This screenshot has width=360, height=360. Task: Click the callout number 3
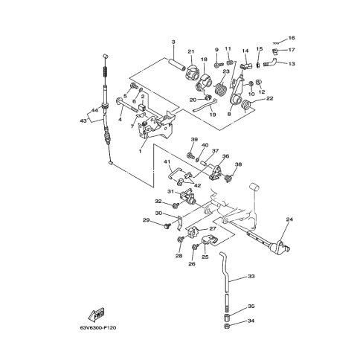[x=173, y=42]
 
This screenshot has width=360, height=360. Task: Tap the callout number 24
[x=289, y=219]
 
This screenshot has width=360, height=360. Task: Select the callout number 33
[x=251, y=276]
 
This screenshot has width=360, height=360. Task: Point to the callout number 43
[x=83, y=120]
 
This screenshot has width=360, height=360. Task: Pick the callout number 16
[x=292, y=38]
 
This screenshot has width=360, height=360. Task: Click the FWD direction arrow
[x=96, y=314]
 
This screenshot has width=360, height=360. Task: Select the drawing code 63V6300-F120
[x=98, y=328]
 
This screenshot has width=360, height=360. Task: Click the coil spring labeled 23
[x=220, y=89]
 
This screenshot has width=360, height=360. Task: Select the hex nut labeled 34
[x=227, y=326]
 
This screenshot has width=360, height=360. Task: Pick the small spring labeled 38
[x=229, y=178]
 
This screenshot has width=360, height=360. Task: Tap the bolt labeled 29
[x=167, y=226]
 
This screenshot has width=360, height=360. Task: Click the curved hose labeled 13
[x=270, y=62]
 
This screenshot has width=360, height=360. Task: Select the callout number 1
[x=140, y=151]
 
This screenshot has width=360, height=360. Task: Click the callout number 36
[x=225, y=156]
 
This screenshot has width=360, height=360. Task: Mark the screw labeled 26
[x=195, y=246]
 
